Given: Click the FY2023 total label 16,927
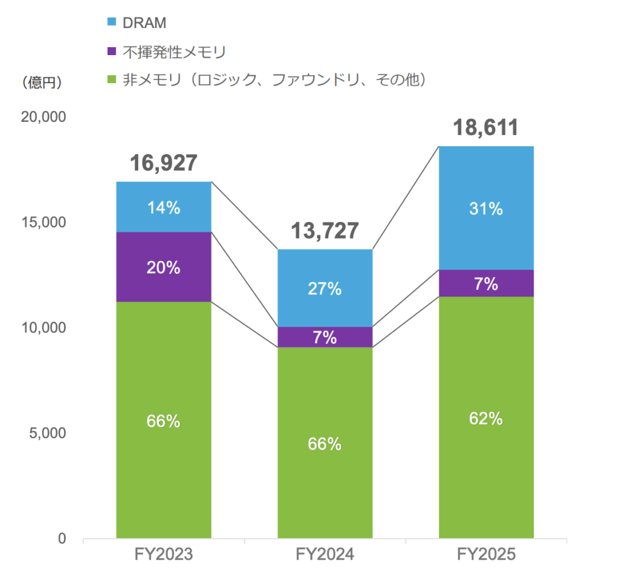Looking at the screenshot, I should pyautogui.click(x=164, y=163).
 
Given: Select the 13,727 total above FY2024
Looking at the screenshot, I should pyautogui.click(x=325, y=231).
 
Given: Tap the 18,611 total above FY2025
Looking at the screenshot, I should pyautogui.click(x=486, y=128).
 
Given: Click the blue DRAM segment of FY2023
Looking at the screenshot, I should pyautogui.click(x=164, y=207).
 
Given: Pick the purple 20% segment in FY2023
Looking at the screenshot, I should pyautogui.click(x=164, y=267).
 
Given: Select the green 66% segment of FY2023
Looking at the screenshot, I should pyautogui.click(x=164, y=421).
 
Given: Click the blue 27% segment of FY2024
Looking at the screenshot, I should pyautogui.click(x=325, y=288).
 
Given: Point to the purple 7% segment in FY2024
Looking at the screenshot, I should pyautogui.click(x=325, y=337).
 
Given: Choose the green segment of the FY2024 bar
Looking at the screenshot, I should pyautogui.click(x=325, y=443).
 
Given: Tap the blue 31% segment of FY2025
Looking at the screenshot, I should pyautogui.click(x=486, y=209).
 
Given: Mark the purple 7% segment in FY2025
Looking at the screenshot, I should pyautogui.click(x=486, y=283).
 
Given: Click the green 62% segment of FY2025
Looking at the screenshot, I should pyautogui.click(x=486, y=418).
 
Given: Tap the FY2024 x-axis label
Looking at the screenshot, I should pyautogui.click(x=325, y=555).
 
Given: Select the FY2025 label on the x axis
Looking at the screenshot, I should pyautogui.click(x=486, y=555).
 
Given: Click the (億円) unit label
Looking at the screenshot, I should pyautogui.click(x=42, y=83).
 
